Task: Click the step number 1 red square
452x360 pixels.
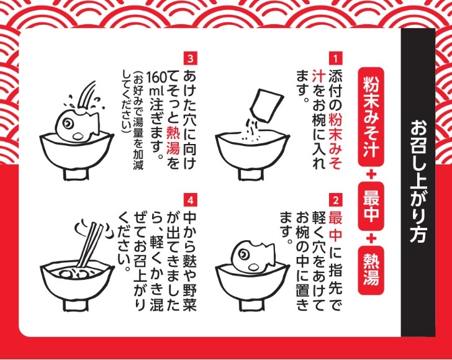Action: click(335, 58)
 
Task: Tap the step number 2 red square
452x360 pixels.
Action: click(335, 200)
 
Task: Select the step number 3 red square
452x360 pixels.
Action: click(190, 58)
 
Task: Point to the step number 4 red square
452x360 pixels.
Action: click(190, 200)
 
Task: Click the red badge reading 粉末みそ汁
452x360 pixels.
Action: click(371, 117)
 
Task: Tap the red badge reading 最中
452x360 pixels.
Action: click(371, 206)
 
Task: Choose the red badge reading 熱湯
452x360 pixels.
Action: click(371, 270)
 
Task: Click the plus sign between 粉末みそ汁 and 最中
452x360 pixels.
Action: click(371, 174)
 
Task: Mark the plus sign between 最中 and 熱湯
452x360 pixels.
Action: click(371, 238)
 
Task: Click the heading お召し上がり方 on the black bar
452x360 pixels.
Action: click(418, 181)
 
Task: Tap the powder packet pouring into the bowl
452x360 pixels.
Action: click(266, 105)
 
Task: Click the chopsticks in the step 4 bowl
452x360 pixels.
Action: click(90, 245)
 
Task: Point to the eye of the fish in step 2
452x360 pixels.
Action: click(243, 254)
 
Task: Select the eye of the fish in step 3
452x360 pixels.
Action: click(68, 124)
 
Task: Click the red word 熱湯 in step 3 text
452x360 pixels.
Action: click(173, 140)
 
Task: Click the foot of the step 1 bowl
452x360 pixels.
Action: click(251, 174)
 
